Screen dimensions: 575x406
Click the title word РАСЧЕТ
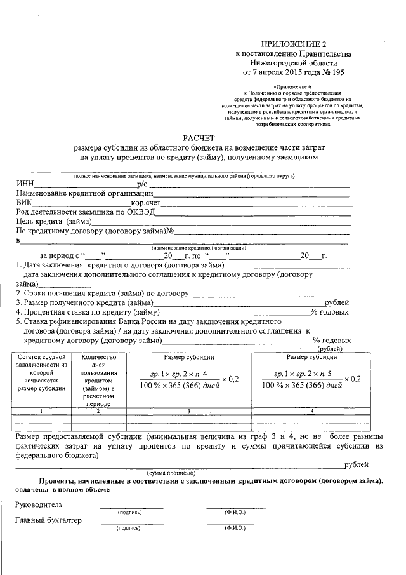(200, 137)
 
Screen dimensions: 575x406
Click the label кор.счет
(146, 203)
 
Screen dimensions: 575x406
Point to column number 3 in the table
(188, 411)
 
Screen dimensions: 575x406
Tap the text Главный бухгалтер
(48, 521)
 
